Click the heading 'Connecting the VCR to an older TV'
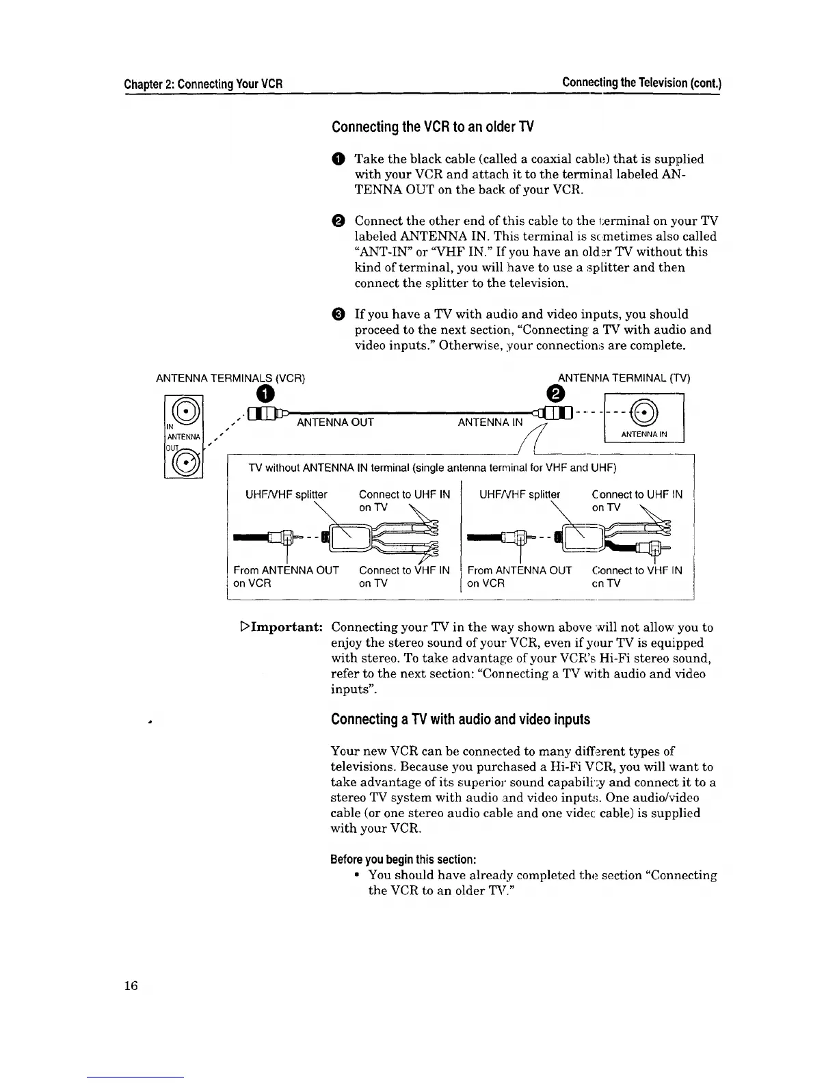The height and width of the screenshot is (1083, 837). click(x=432, y=127)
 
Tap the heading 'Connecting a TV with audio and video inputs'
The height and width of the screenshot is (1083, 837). click(x=460, y=719)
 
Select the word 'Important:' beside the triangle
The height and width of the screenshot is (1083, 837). click(x=287, y=627)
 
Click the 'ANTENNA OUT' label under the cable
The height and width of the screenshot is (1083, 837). click(x=335, y=423)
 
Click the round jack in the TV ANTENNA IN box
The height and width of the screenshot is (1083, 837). click(x=644, y=414)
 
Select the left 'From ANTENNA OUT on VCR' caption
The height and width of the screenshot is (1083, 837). click(x=286, y=576)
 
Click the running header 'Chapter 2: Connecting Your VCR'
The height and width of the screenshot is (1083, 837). click(x=203, y=85)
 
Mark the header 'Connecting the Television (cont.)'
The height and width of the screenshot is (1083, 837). click(x=641, y=83)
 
